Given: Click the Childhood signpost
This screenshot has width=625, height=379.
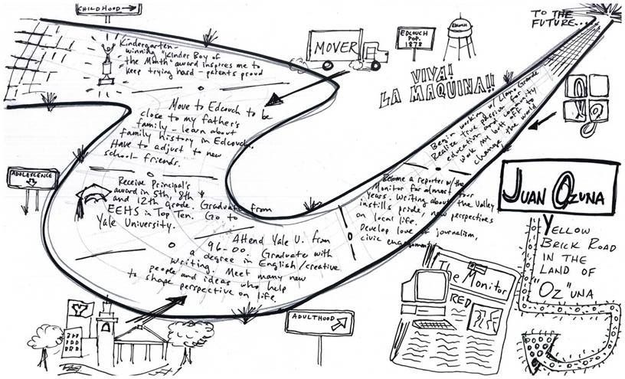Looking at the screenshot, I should tap(107, 8).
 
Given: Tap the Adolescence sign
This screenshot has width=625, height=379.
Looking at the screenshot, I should tap(31, 175).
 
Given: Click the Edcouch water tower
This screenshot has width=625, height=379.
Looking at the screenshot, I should tap(460, 34).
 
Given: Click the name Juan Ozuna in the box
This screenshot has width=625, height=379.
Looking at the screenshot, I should tap(558, 188).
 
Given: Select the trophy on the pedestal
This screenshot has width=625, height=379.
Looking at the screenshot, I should tap(105, 61).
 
